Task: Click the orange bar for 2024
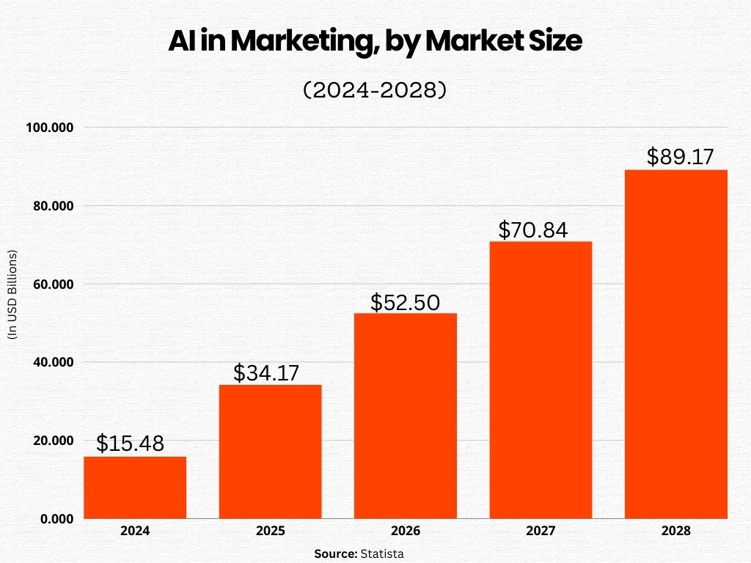click(x=135, y=487)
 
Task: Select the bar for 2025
click(x=270, y=452)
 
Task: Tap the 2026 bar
click(x=405, y=416)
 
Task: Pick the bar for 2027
click(x=541, y=380)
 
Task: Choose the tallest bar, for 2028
click(x=675, y=344)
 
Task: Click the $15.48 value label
click(x=130, y=444)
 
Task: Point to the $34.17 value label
click(x=266, y=372)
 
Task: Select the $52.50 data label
click(x=405, y=302)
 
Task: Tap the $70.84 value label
click(x=533, y=230)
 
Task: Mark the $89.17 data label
click(x=680, y=157)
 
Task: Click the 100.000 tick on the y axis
click(x=50, y=128)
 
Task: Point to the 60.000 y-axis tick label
click(x=53, y=284)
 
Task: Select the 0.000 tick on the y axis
click(x=56, y=519)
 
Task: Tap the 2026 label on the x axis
click(x=405, y=531)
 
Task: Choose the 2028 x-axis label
click(x=675, y=531)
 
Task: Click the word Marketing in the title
click(x=311, y=42)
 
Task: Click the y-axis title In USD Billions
click(x=12, y=295)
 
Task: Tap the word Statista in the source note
click(x=381, y=553)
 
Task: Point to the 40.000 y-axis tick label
click(x=53, y=362)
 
